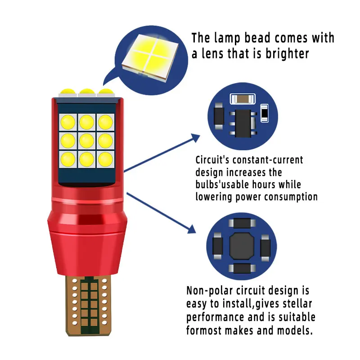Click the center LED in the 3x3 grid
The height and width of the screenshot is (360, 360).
coord(86,139)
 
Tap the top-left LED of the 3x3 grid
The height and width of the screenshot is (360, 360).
coord(67,121)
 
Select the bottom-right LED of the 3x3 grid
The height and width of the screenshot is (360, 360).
coord(105,158)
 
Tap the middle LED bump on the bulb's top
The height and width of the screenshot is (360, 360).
coord(86,93)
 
